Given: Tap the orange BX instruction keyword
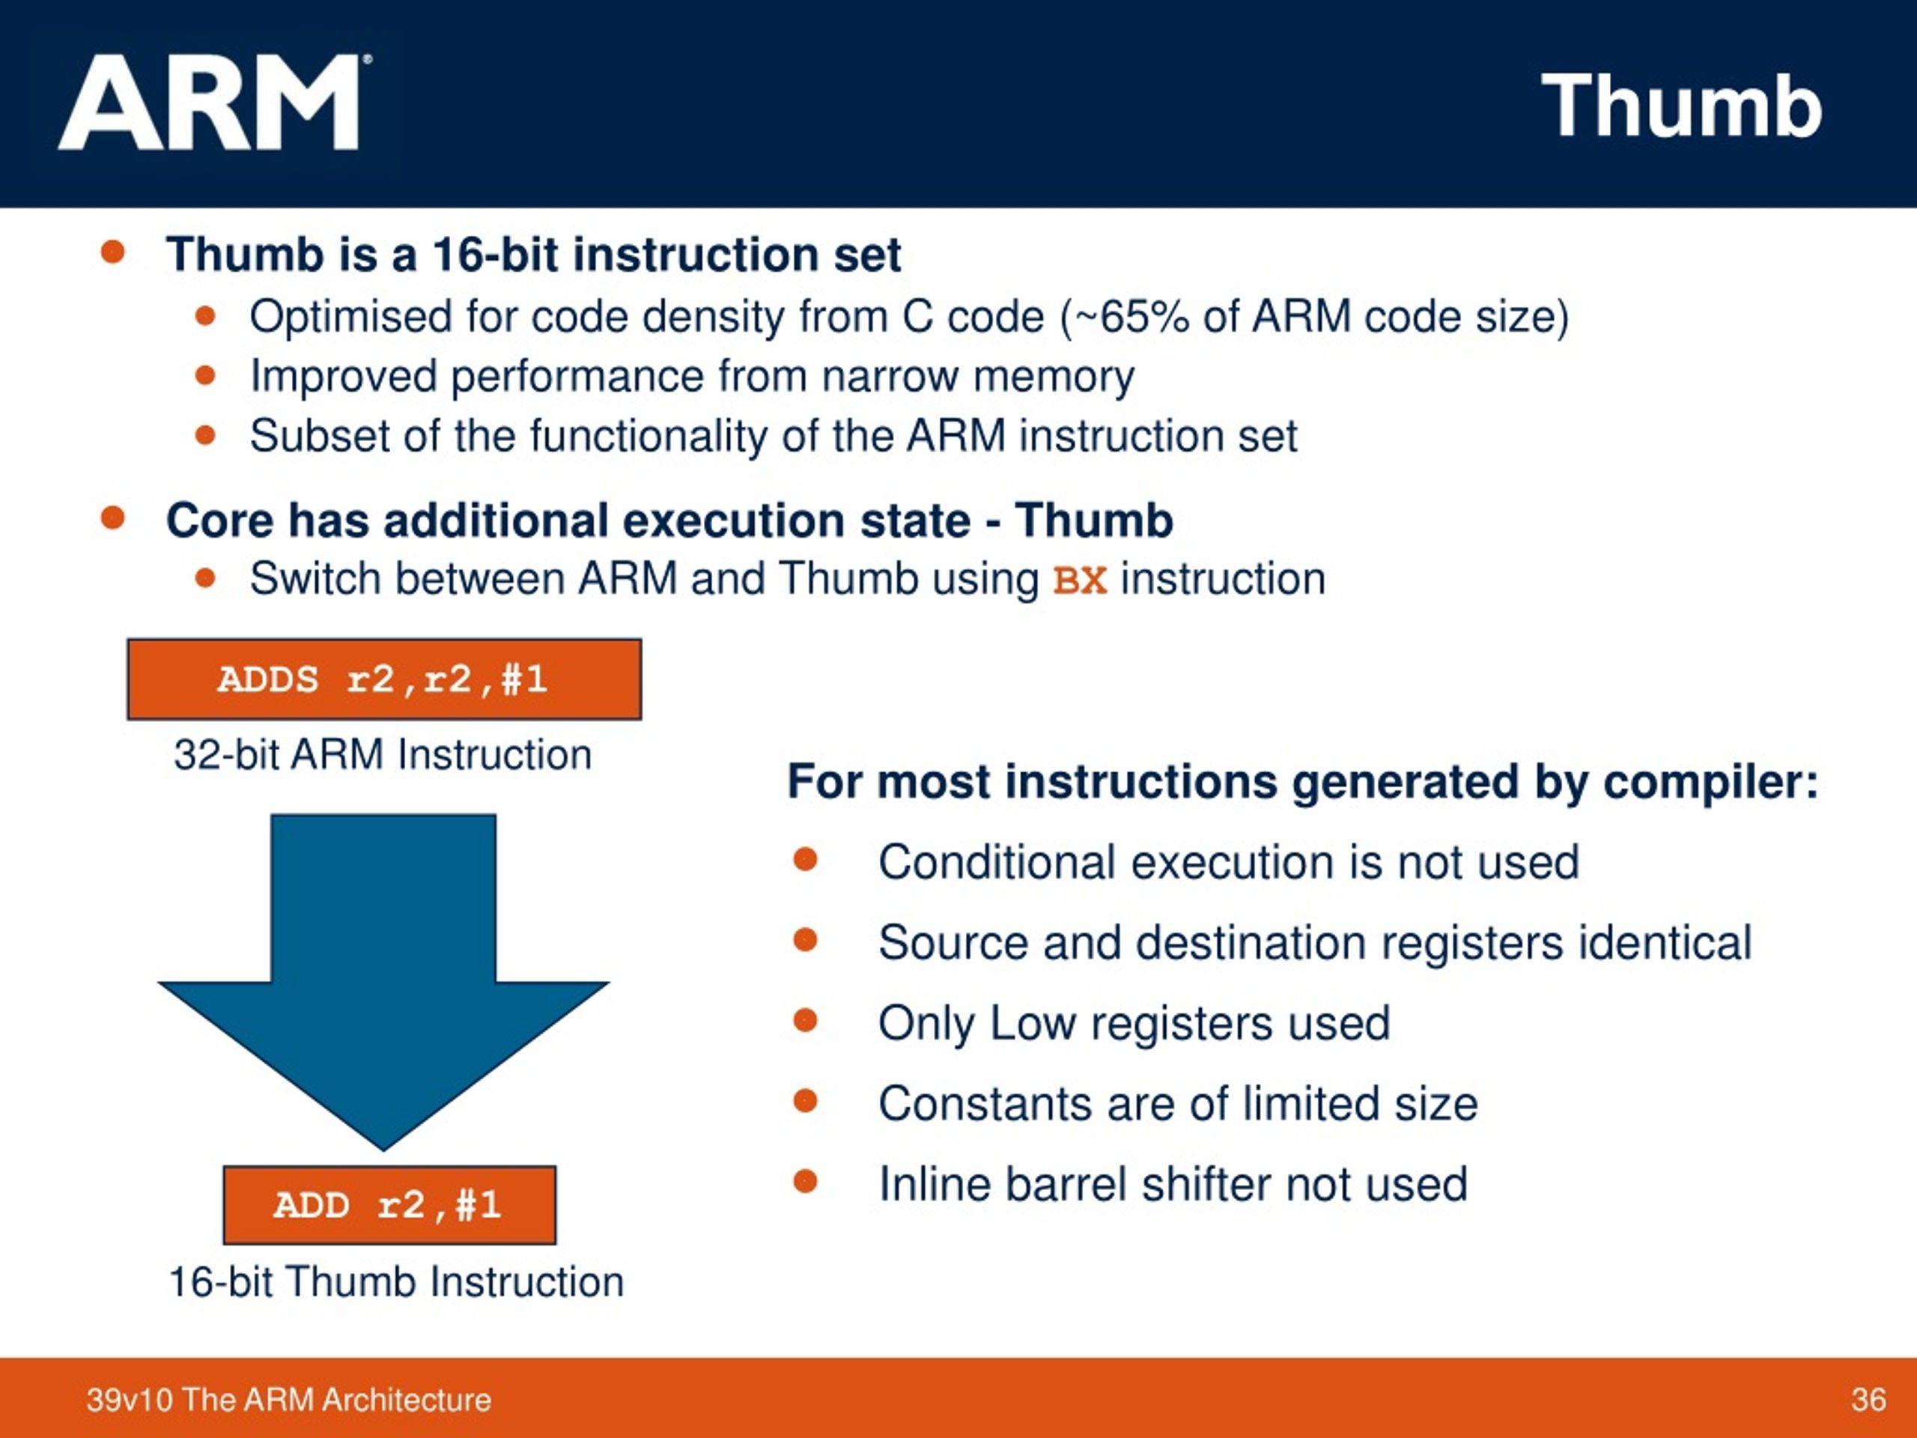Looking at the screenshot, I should [x=1080, y=580].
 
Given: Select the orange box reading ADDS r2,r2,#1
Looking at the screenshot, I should [x=384, y=679].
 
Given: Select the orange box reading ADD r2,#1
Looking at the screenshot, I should [x=389, y=1205].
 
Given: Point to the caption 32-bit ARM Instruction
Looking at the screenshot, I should [x=382, y=754].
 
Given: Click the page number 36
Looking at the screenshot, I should [x=1868, y=1399].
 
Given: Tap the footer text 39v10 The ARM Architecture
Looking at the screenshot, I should [x=288, y=1399].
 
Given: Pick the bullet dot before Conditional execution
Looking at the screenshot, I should [x=805, y=860].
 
